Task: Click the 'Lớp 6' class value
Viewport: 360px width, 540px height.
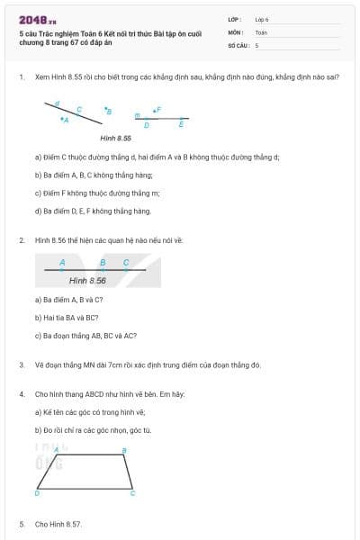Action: (x=262, y=19)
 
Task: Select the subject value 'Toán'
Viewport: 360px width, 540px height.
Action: (x=261, y=31)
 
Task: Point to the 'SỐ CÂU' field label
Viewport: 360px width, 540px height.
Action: (x=238, y=44)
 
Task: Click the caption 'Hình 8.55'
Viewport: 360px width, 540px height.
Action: (x=115, y=138)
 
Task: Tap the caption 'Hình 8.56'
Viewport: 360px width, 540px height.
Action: (x=87, y=281)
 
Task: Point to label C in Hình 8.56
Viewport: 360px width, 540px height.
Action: (x=126, y=263)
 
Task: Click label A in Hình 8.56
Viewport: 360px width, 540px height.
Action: (x=62, y=263)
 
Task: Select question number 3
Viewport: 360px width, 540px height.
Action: (x=21, y=364)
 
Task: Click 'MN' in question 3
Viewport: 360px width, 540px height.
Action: (x=85, y=364)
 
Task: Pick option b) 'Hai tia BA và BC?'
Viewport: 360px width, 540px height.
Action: (x=67, y=317)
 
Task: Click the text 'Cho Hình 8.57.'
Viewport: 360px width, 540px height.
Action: (x=58, y=523)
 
